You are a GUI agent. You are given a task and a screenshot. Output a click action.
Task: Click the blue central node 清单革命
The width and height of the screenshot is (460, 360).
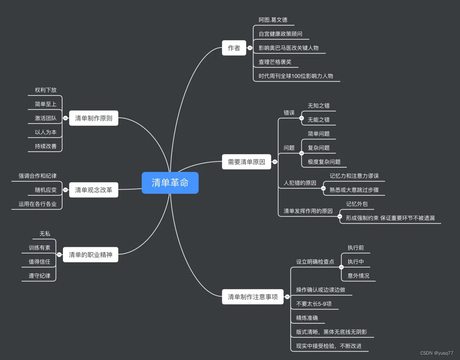pyautogui.click(x=170, y=183)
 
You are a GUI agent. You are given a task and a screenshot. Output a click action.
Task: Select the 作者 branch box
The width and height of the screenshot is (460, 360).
pyautogui.click(x=234, y=48)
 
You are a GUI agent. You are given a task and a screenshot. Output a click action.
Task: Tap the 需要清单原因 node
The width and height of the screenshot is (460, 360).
pyautogui.click(x=246, y=162)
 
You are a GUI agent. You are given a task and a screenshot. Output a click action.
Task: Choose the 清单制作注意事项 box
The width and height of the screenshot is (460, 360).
pyautogui.click(x=253, y=297)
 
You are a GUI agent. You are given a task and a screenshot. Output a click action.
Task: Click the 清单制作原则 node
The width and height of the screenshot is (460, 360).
pyautogui.click(x=93, y=118)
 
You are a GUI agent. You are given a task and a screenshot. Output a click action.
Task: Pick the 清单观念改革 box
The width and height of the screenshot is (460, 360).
pyautogui.click(x=93, y=190)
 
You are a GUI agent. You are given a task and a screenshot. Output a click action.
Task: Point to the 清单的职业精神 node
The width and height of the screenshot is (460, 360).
pyautogui.click(x=90, y=255)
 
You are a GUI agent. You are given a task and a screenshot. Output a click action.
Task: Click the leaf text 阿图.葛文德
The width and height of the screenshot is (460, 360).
pyautogui.click(x=273, y=20)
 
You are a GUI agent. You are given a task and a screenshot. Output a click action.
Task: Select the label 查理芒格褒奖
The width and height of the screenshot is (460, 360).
pyautogui.click(x=275, y=62)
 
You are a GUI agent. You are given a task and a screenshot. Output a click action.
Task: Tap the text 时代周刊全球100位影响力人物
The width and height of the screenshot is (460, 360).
pyautogui.click(x=296, y=76)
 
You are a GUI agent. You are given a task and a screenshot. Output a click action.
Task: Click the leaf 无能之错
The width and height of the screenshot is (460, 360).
pyautogui.click(x=318, y=119)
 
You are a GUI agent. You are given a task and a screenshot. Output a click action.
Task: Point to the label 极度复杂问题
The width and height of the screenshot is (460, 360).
pyautogui.click(x=324, y=161)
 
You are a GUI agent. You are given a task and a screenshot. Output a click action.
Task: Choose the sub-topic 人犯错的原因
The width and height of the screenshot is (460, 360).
pyautogui.click(x=300, y=183)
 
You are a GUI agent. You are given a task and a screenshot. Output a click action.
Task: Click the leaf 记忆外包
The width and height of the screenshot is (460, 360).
pyautogui.click(x=357, y=204)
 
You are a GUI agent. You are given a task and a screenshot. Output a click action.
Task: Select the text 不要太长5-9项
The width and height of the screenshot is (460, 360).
pyautogui.click(x=314, y=304)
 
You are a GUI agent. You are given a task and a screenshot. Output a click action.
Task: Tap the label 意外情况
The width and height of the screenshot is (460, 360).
pyautogui.click(x=358, y=276)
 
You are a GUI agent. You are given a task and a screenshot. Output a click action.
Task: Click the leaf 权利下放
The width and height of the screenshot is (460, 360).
pyautogui.click(x=46, y=90)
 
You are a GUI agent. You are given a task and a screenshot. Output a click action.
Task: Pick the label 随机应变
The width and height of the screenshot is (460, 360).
pyautogui.click(x=46, y=190)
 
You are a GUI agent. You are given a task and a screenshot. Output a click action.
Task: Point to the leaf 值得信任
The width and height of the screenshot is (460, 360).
pyautogui.click(x=40, y=262)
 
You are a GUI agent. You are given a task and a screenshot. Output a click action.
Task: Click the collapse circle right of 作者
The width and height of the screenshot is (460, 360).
pyautogui.click(x=250, y=48)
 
